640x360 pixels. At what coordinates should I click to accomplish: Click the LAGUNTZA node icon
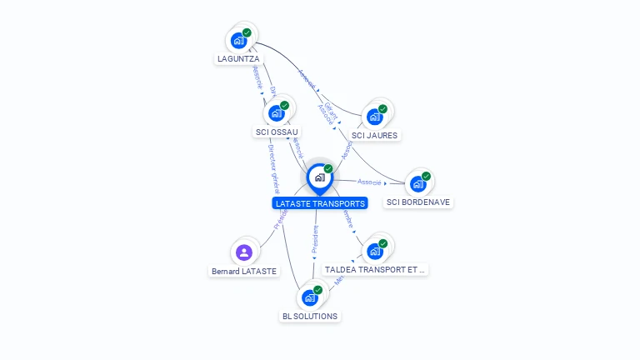pos(239,40)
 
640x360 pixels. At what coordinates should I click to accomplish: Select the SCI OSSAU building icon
pos(277,112)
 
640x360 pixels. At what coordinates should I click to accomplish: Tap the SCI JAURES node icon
pos(375,116)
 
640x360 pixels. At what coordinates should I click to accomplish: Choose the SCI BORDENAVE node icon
pos(418,183)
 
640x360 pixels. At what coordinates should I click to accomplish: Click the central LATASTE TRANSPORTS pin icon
pos(319,177)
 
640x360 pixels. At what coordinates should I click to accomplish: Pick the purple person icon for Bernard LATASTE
pos(244,252)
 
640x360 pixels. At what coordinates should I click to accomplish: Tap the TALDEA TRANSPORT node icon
pos(375,251)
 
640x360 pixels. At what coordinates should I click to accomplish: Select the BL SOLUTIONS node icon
pos(310,297)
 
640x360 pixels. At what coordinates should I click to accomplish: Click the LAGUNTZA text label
pos(238,59)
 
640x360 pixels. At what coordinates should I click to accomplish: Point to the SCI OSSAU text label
pos(277,132)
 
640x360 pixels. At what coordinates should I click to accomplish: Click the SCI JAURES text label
pos(375,135)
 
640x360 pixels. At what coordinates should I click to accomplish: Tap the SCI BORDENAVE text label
pos(419,202)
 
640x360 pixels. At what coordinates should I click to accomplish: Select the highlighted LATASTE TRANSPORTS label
pos(320,203)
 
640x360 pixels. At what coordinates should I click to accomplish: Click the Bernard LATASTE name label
pos(244,272)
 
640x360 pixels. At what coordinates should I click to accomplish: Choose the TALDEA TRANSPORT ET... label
pos(375,270)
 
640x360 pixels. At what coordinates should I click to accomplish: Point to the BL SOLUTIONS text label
pos(310,317)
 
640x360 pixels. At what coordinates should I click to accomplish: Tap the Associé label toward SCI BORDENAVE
pos(369,182)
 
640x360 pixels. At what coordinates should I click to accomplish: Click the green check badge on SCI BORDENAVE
pos(426,176)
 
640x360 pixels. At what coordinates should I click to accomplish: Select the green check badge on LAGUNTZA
pos(247,32)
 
